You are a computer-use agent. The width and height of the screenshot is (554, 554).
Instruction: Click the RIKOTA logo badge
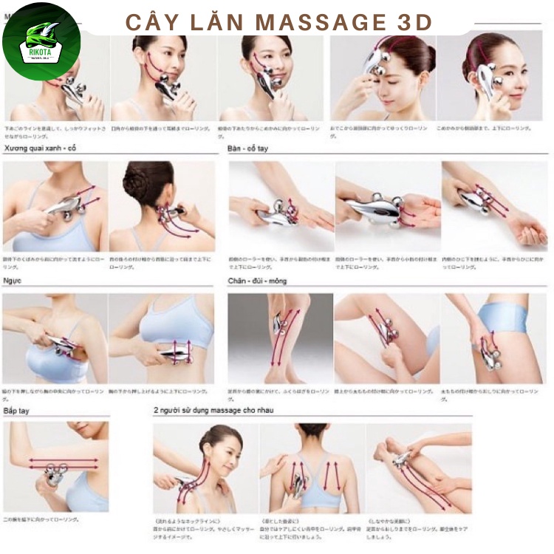click(x=41, y=41)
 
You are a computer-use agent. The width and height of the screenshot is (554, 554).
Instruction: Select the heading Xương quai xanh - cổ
click(x=40, y=148)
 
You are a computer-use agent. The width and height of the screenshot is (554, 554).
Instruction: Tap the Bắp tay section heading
click(x=21, y=410)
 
